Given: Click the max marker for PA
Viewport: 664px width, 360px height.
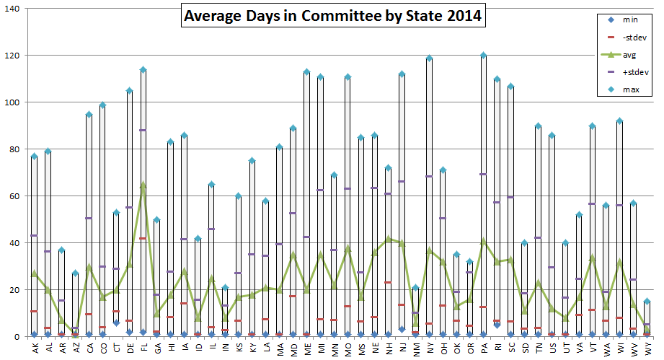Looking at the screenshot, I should tap(483, 55).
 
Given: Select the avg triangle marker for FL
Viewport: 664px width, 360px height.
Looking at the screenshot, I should tap(143, 185).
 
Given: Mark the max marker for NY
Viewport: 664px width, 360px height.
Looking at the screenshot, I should tap(429, 58).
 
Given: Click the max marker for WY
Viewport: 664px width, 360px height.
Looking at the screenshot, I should tap(647, 302).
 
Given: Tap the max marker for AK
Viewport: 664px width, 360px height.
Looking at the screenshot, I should tap(34, 157).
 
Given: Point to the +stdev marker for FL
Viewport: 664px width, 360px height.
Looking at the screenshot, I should tap(143, 131).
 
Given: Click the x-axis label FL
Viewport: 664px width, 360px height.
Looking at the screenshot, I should tap(143, 348).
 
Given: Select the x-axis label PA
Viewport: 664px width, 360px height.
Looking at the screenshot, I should tap(483, 348).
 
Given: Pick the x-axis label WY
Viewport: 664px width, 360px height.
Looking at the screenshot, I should tap(647, 348).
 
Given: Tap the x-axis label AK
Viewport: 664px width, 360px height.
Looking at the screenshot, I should tap(34, 348).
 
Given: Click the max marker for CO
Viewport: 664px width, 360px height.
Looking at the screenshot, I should tap(102, 105).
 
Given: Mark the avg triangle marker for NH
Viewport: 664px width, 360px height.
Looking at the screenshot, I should tap(389, 239).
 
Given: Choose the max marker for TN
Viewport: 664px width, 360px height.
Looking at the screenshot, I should tap(538, 126).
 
